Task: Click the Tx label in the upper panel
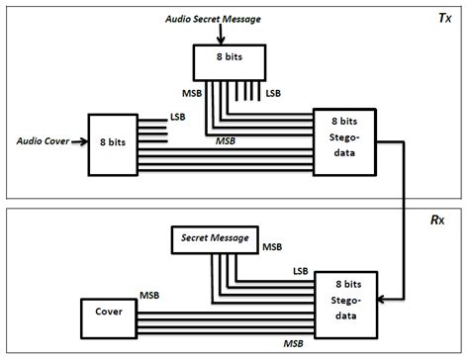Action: pos(446,19)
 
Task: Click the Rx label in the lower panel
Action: pos(446,220)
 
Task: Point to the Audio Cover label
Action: pos(44,140)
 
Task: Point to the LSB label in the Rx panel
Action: pos(294,270)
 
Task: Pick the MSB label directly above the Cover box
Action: pos(149,295)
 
